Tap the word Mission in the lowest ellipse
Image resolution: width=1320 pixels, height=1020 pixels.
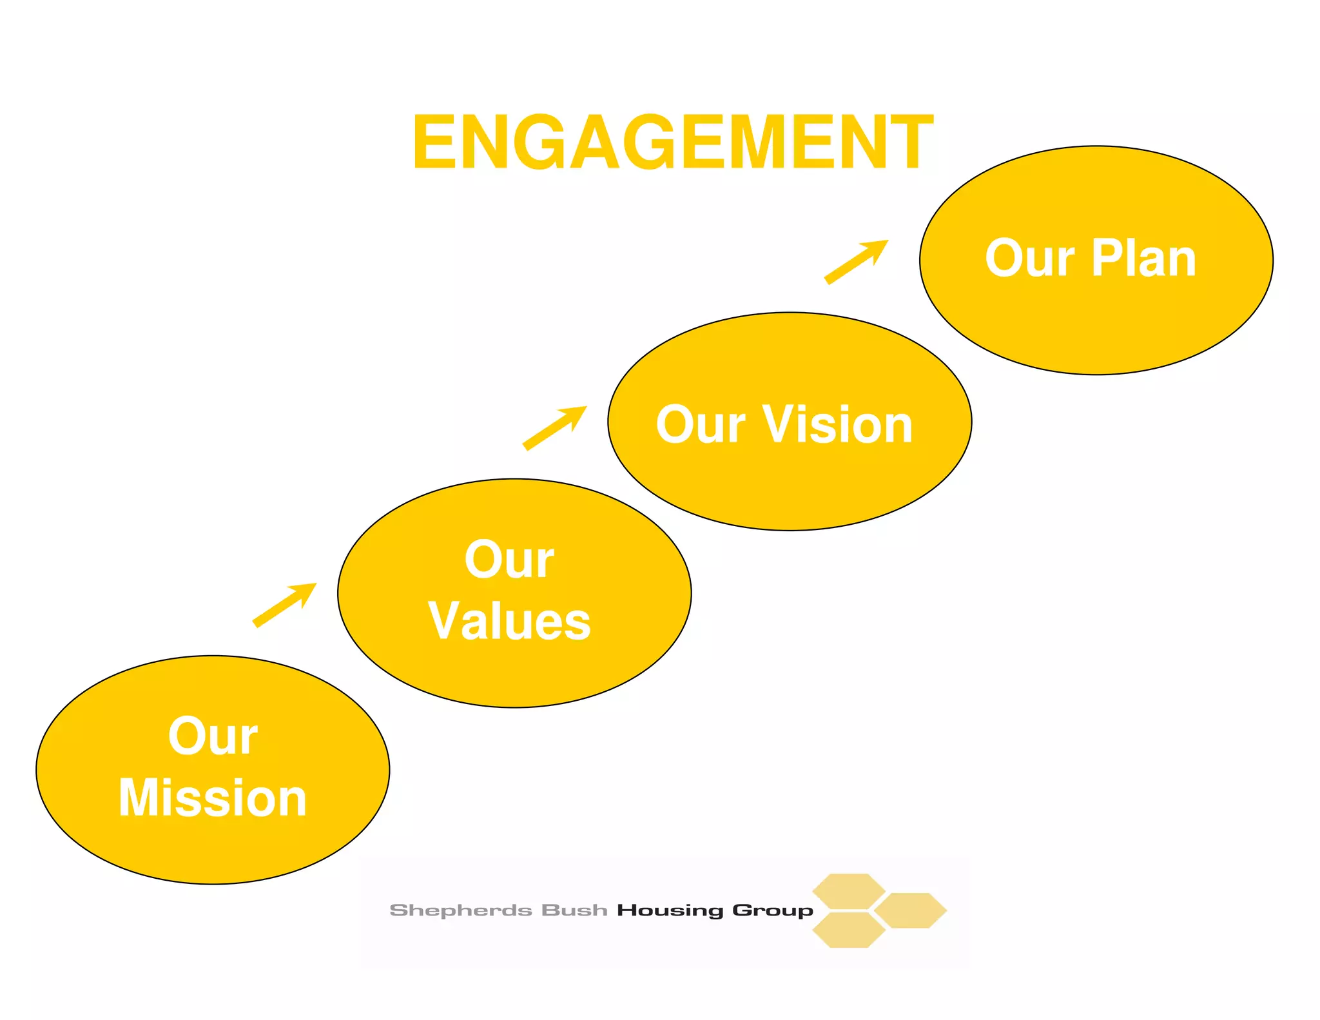point(213,798)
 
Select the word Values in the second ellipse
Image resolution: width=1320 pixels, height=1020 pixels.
point(509,621)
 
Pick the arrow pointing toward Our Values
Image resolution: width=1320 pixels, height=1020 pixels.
point(284,604)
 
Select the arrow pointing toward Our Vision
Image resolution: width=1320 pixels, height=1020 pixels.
point(554,427)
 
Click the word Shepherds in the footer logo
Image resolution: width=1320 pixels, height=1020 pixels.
point(460,910)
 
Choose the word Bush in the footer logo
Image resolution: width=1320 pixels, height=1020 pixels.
point(574,910)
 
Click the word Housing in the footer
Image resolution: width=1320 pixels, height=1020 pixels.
point(670,910)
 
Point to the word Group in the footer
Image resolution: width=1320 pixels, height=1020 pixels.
point(773,910)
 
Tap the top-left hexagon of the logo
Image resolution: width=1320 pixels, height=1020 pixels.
point(848,891)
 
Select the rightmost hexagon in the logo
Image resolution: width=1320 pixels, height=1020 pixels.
point(910,910)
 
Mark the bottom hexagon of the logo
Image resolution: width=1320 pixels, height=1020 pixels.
point(848,930)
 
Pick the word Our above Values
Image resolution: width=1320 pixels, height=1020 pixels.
point(509,559)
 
